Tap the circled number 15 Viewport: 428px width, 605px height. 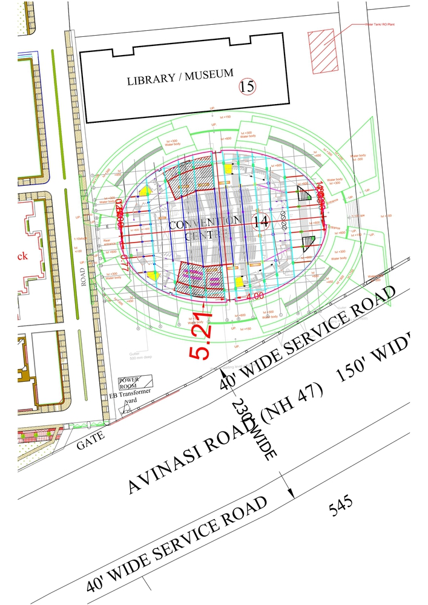pyautogui.click(x=247, y=87)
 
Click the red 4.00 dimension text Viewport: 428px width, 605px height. pyautogui.click(x=254, y=296)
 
